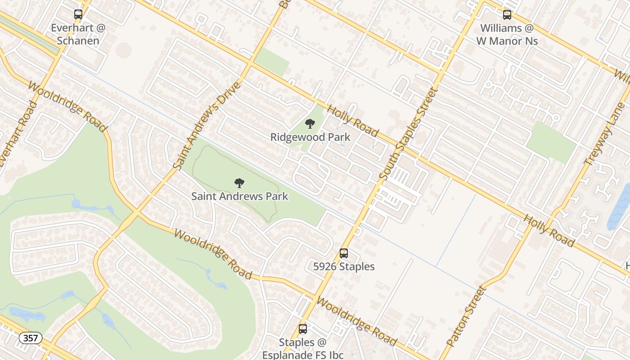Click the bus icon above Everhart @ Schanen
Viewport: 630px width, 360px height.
[78, 14]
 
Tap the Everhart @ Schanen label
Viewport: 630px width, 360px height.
[78, 34]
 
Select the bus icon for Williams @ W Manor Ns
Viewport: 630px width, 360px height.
[507, 14]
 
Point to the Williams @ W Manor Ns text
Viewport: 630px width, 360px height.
[507, 34]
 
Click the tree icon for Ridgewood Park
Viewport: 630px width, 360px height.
[310, 124]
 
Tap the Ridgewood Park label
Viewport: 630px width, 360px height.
[310, 137]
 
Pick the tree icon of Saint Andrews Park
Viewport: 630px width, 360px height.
[239, 183]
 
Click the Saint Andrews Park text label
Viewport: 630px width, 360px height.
[239, 196]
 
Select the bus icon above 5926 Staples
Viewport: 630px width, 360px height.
[344, 253]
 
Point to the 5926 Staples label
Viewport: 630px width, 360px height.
[344, 266]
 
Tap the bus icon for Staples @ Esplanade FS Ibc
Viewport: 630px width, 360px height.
[303, 329]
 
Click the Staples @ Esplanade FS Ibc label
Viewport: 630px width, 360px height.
[303, 348]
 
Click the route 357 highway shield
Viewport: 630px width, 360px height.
[31, 337]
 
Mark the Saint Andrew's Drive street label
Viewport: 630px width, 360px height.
[207, 126]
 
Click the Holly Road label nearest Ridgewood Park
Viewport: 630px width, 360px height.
[352, 121]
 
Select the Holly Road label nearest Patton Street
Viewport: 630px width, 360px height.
[549, 230]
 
